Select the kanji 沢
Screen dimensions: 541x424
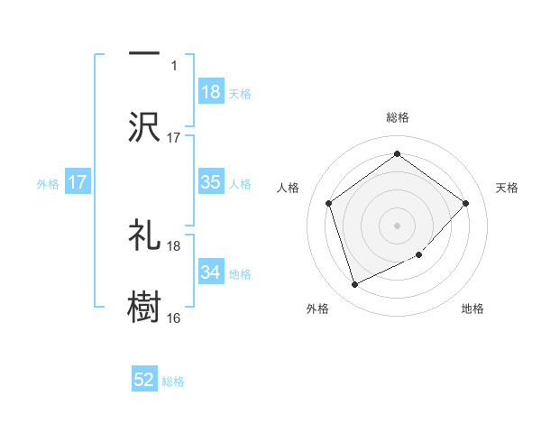144,126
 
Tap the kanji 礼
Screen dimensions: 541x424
144,235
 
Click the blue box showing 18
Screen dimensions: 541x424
211,91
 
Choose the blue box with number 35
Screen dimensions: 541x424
211,182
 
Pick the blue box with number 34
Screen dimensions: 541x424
211,272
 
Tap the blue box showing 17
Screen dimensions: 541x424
78,182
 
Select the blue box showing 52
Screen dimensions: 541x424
144,381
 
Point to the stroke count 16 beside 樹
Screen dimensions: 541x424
174,318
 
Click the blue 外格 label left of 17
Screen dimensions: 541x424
48,183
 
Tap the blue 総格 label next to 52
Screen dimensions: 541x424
173,382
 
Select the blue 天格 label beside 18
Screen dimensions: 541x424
240,92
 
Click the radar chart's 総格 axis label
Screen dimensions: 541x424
397,117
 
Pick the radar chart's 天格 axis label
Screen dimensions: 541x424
508,188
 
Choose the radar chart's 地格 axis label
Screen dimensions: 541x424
472,309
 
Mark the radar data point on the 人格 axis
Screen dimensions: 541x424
328,203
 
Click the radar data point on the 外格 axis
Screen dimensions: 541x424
354,285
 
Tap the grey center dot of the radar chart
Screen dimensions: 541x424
397,226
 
